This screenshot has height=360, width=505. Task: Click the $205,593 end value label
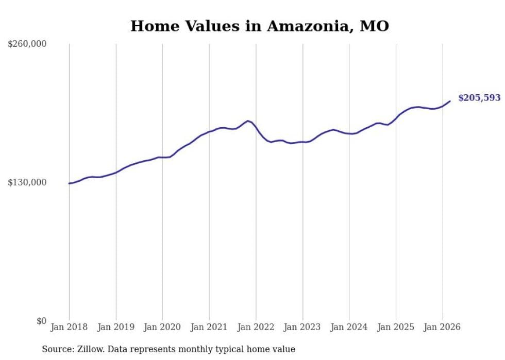[479, 98]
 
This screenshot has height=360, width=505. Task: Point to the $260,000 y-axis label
[27, 44]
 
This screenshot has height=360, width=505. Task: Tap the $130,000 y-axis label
[27, 182]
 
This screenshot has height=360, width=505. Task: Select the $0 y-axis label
[41, 321]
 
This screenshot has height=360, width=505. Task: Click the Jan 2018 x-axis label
[69, 327]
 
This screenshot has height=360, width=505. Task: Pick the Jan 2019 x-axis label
[116, 327]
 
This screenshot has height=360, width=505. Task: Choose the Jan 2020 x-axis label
[162, 327]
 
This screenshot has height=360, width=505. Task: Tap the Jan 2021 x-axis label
[209, 327]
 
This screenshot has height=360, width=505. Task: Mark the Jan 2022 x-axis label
[256, 327]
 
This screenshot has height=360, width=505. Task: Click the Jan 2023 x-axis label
[302, 327]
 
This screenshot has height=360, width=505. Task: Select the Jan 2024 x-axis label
[349, 327]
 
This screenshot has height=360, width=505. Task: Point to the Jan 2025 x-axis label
[396, 327]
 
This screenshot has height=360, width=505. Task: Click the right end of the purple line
[450, 101]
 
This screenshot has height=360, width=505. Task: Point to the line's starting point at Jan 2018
[69, 183]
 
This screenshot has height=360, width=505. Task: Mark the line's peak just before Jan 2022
[248, 121]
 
